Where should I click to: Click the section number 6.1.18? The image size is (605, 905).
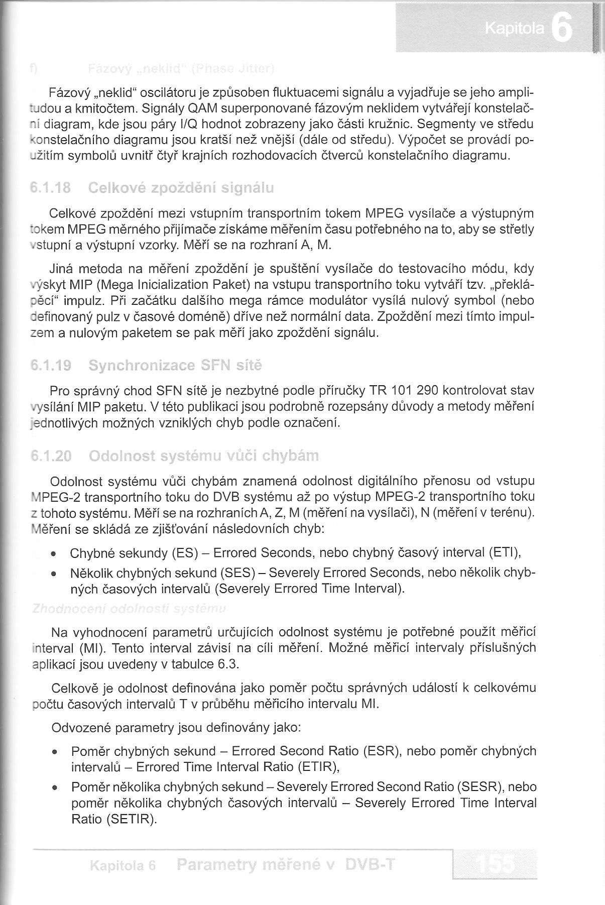click(50, 188)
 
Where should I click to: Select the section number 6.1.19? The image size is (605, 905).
click(50, 365)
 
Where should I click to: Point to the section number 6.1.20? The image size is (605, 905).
click(51, 456)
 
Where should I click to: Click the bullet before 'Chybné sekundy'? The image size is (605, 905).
click(53, 554)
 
